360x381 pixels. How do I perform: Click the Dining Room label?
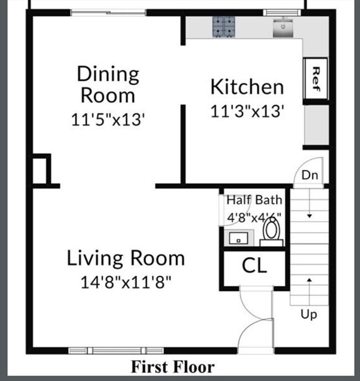108,84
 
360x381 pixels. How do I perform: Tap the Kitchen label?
247,87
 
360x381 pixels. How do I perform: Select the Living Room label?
126,258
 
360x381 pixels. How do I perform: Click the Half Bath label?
254,200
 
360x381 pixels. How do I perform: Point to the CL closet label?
254,266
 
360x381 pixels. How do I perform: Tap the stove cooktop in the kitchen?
224,27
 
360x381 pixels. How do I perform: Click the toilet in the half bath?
271,231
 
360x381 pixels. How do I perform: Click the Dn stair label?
310,176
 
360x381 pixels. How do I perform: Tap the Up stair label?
308,315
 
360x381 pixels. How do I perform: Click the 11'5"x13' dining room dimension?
108,119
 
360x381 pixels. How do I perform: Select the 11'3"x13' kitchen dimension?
247,111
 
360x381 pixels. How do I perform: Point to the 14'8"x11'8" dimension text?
126,282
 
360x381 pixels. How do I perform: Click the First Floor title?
172,367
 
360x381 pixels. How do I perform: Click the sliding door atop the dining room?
108,12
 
